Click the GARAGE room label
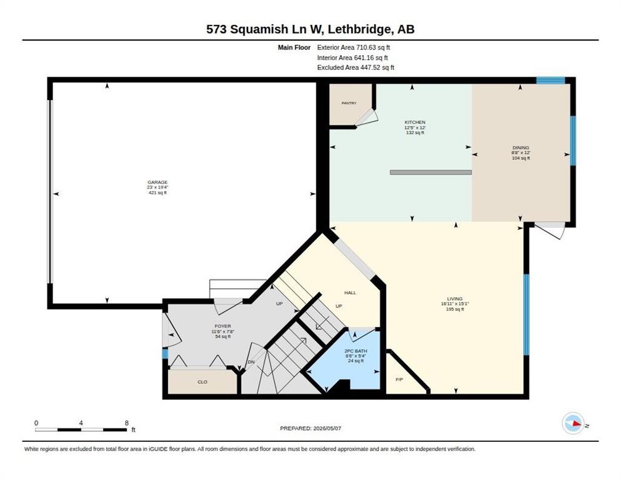pyautogui.click(x=157, y=182)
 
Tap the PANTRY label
pyautogui.click(x=349, y=103)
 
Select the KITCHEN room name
pyautogui.click(x=415, y=122)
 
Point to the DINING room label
pyautogui.click(x=521, y=147)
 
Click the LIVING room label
pyautogui.click(x=455, y=299)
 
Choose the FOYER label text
pyautogui.click(x=223, y=326)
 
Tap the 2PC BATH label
pyautogui.click(x=355, y=351)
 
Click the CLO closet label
pyautogui.click(x=202, y=382)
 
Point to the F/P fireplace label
pyautogui.click(x=399, y=380)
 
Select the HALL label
pyautogui.click(x=350, y=292)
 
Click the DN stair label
pyautogui.click(x=251, y=362)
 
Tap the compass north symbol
pyautogui.click(x=574, y=423)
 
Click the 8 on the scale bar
pyautogui.click(x=127, y=423)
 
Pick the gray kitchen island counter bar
pyautogui.click(x=430, y=172)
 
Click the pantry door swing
pyautogui.click(x=367, y=117)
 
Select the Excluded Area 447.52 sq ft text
pyautogui.click(x=355, y=67)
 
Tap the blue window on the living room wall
pyautogui.click(x=526, y=315)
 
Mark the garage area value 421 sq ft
pyautogui.click(x=157, y=192)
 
